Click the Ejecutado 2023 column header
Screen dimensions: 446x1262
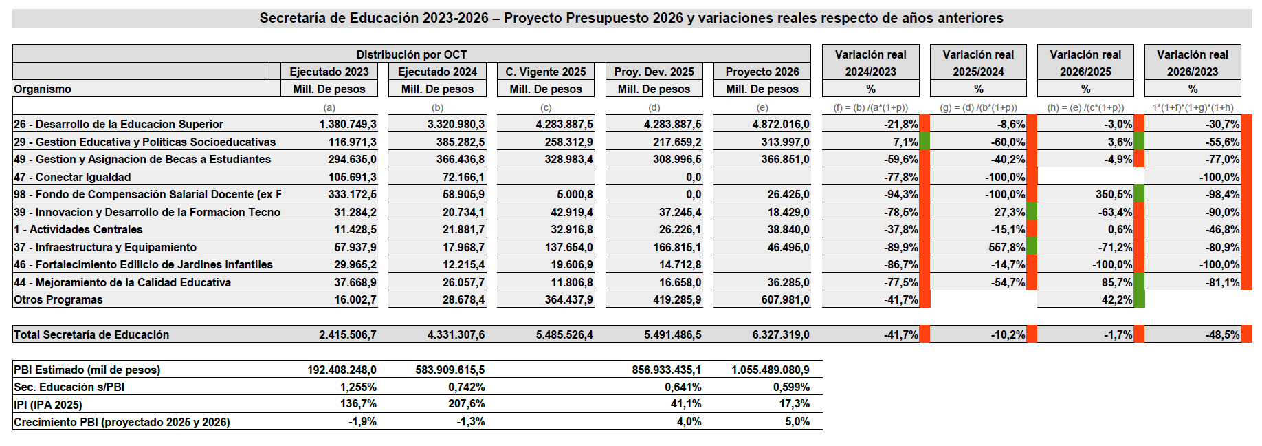329,72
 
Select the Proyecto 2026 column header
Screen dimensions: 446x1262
762,72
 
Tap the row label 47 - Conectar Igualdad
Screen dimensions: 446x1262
72,177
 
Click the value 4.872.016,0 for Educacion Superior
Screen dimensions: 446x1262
780,124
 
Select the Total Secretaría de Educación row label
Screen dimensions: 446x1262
91,334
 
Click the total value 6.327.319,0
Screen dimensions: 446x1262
780,334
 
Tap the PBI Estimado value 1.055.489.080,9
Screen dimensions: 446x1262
770,370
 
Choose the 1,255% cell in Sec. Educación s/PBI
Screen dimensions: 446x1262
358,387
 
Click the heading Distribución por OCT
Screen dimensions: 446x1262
411,54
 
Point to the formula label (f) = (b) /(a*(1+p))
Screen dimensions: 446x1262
870,107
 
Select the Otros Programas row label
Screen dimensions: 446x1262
58,299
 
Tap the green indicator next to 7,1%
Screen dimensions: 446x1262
925,142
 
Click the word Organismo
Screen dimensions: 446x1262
43,89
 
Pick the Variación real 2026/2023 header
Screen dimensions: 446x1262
1192,63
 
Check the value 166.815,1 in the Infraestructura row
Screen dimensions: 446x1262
673,247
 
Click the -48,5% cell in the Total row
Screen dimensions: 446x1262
1222,334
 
